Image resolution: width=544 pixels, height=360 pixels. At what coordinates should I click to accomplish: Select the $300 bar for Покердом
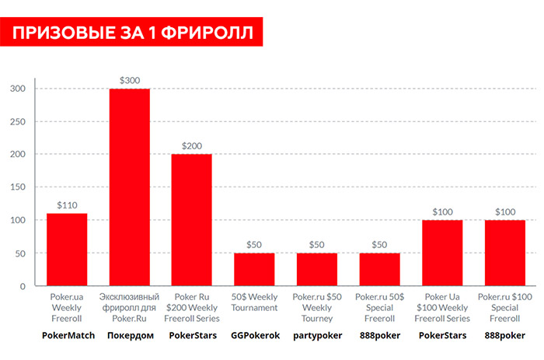pyautogui.click(x=129, y=187)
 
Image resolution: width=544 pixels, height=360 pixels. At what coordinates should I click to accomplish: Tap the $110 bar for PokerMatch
pyautogui.click(x=67, y=250)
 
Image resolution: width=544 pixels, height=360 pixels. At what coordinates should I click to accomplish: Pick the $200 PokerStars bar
pyautogui.click(x=191, y=220)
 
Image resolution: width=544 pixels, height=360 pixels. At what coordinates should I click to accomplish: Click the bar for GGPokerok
pyautogui.click(x=254, y=270)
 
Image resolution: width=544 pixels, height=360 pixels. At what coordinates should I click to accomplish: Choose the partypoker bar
pyautogui.click(x=317, y=270)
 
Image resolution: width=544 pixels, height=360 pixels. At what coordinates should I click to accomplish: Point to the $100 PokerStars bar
pyautogui.click(x=442, y=253)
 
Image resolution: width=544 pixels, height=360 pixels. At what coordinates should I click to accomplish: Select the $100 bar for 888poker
pyautogui.click(x=504, y=253)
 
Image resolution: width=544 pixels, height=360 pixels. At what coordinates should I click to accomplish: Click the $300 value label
pyautogui.click(x=129, y=80)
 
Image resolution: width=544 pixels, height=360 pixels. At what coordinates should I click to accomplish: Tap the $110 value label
pyautogui.click(x=67, y=204)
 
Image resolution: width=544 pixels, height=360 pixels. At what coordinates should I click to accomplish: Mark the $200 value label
pyautogui.click(x=191, y=145)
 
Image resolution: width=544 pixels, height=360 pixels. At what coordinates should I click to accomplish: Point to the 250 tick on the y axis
pyautogui.click(x=17, y=121)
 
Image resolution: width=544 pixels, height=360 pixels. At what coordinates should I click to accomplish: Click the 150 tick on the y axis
pyautogui.click(x=17, y=187)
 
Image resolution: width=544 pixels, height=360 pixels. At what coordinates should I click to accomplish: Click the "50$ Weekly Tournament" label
pyautogui.click(x=254, y=302)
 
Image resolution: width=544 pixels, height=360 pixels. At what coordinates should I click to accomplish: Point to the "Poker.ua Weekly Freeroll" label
pyautogui.click(x=67, y=308)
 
